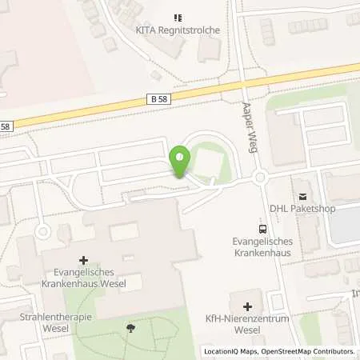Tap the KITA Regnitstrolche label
click(x=177, y=30)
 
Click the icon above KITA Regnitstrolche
click(x=177, y=17)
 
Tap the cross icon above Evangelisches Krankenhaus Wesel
click(x=84, y=260)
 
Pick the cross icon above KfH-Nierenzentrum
click(x=246, y=306)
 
